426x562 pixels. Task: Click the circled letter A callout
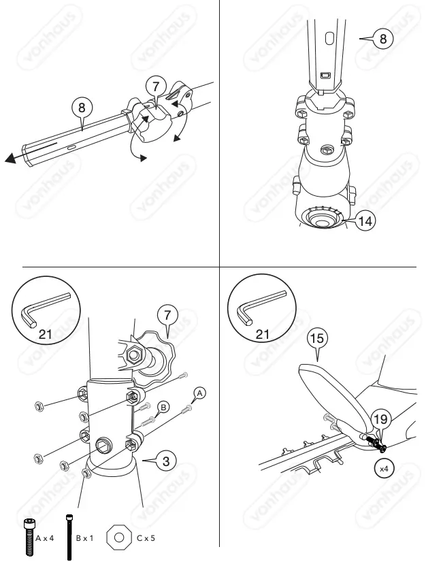199,393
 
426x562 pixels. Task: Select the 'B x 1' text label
85,538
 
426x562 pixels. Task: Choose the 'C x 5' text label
146,538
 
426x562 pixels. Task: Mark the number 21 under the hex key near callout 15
262,335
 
